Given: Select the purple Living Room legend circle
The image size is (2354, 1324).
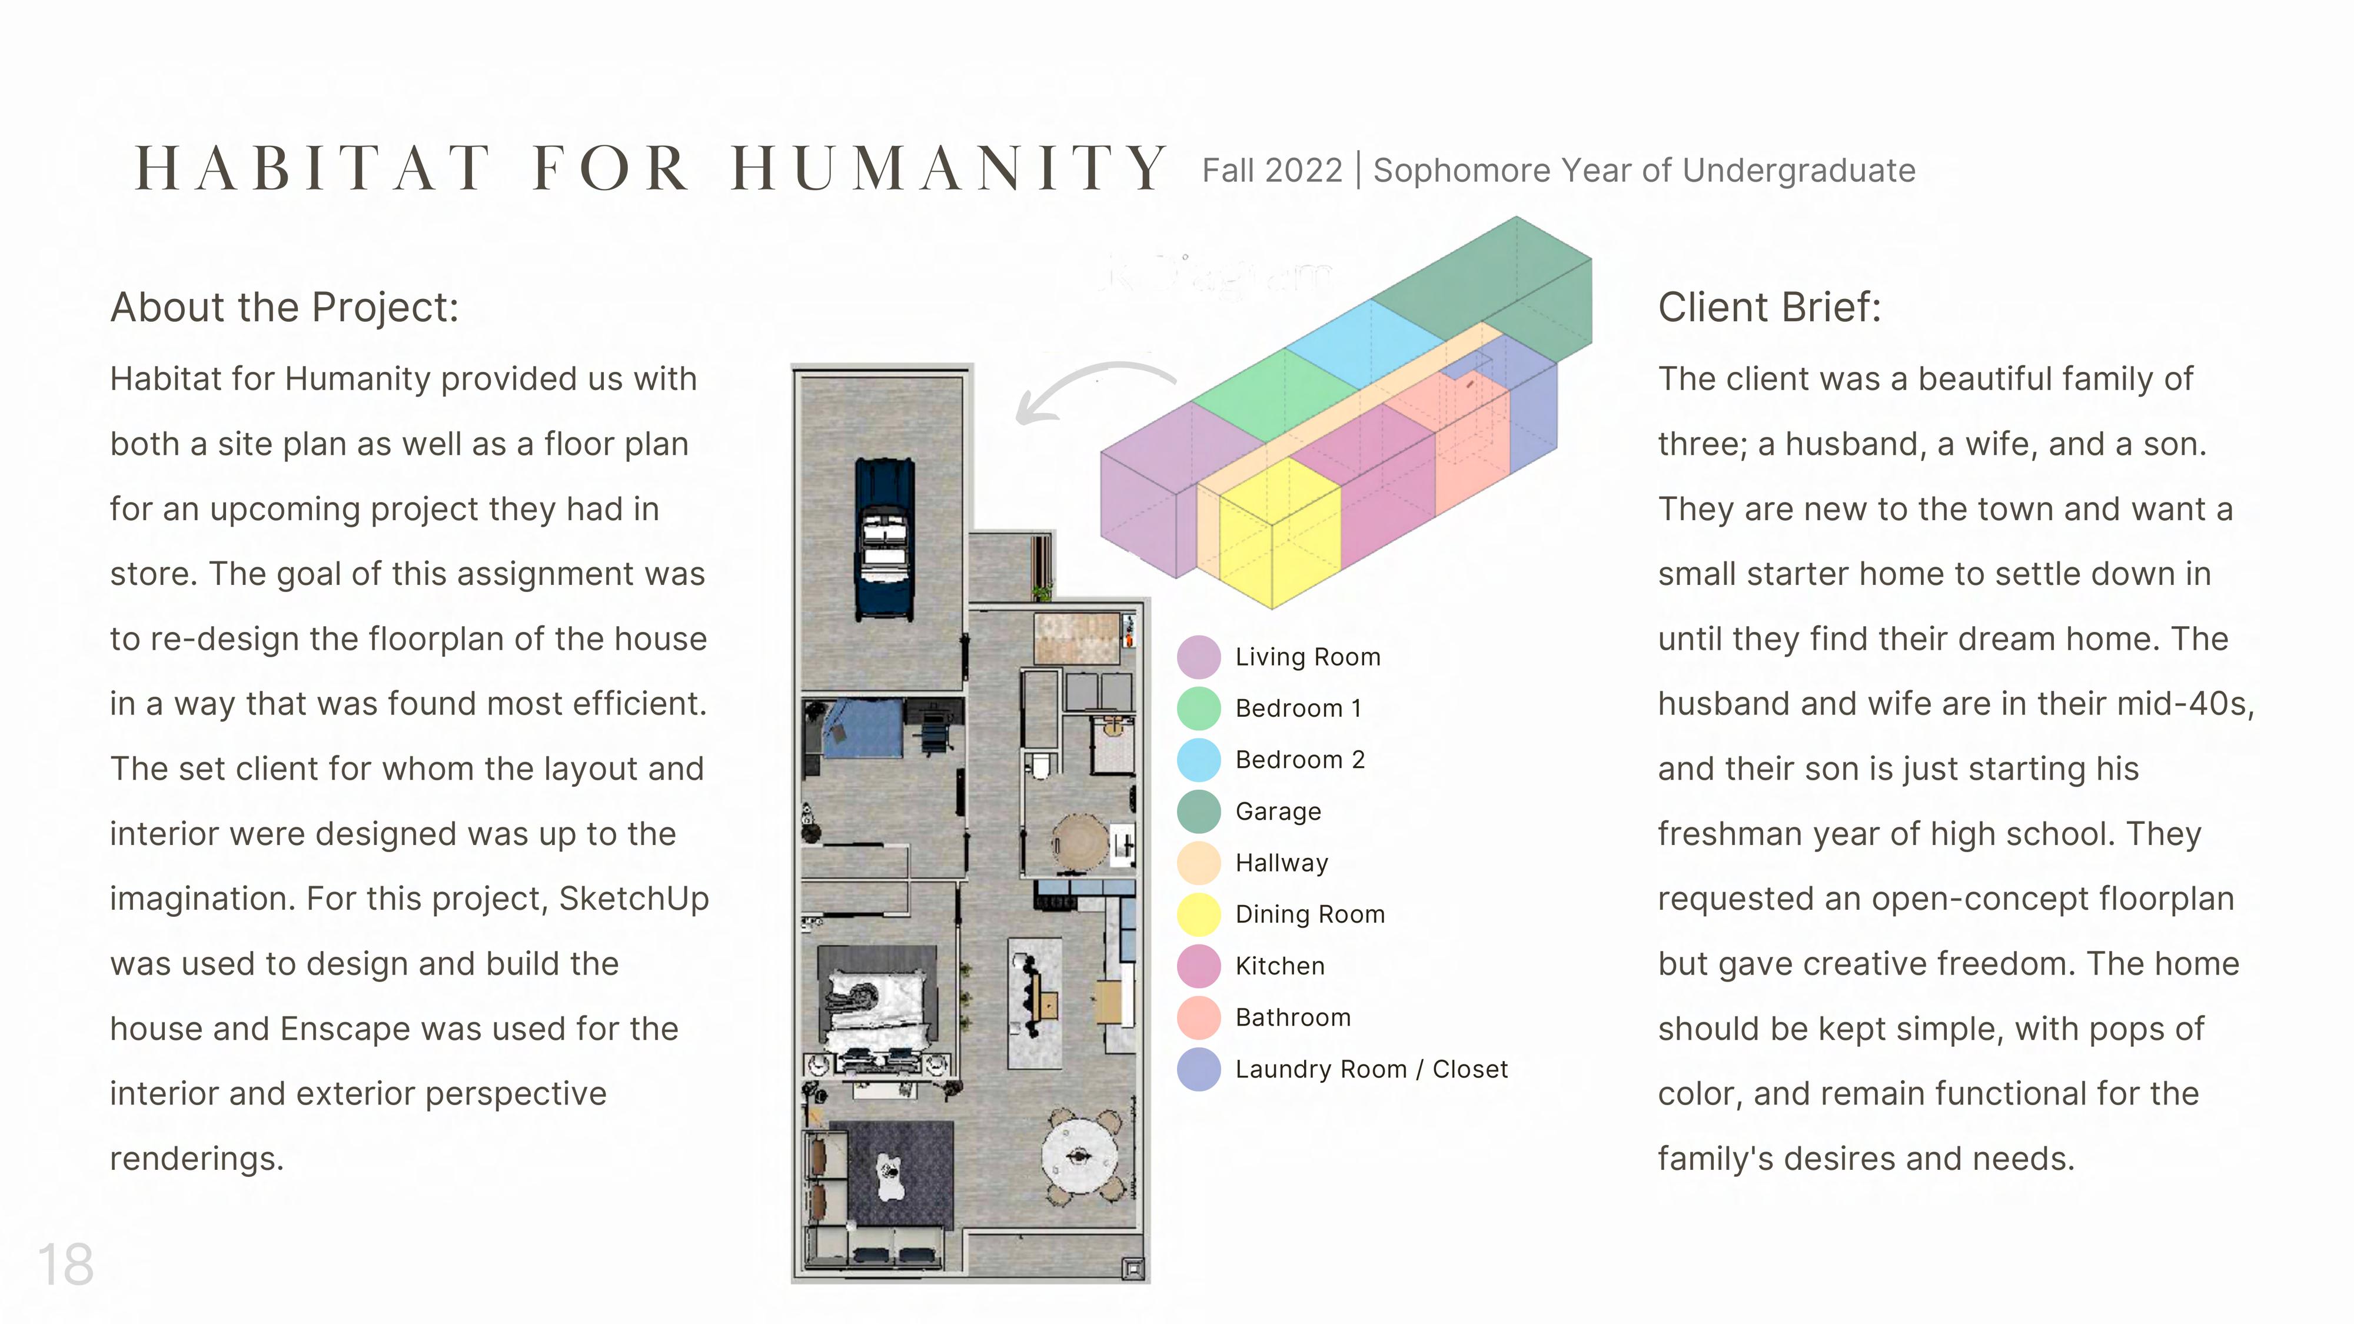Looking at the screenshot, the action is coord(1198,657).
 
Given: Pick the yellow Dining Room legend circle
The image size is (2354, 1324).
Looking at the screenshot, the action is coord(1198,914).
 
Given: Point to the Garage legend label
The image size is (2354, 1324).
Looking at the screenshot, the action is coord(1278,811).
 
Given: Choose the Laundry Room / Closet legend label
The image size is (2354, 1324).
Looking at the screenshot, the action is coord(1371,1069).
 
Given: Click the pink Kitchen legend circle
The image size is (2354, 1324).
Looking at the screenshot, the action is coord(1198,966).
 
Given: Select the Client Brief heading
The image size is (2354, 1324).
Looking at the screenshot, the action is coord(1769,308).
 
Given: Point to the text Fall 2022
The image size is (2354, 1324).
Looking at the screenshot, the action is coord(1271,171).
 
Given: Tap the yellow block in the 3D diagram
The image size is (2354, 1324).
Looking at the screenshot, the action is coord(1279,530).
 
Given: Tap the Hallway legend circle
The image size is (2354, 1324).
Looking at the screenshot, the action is coord(1198,863).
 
